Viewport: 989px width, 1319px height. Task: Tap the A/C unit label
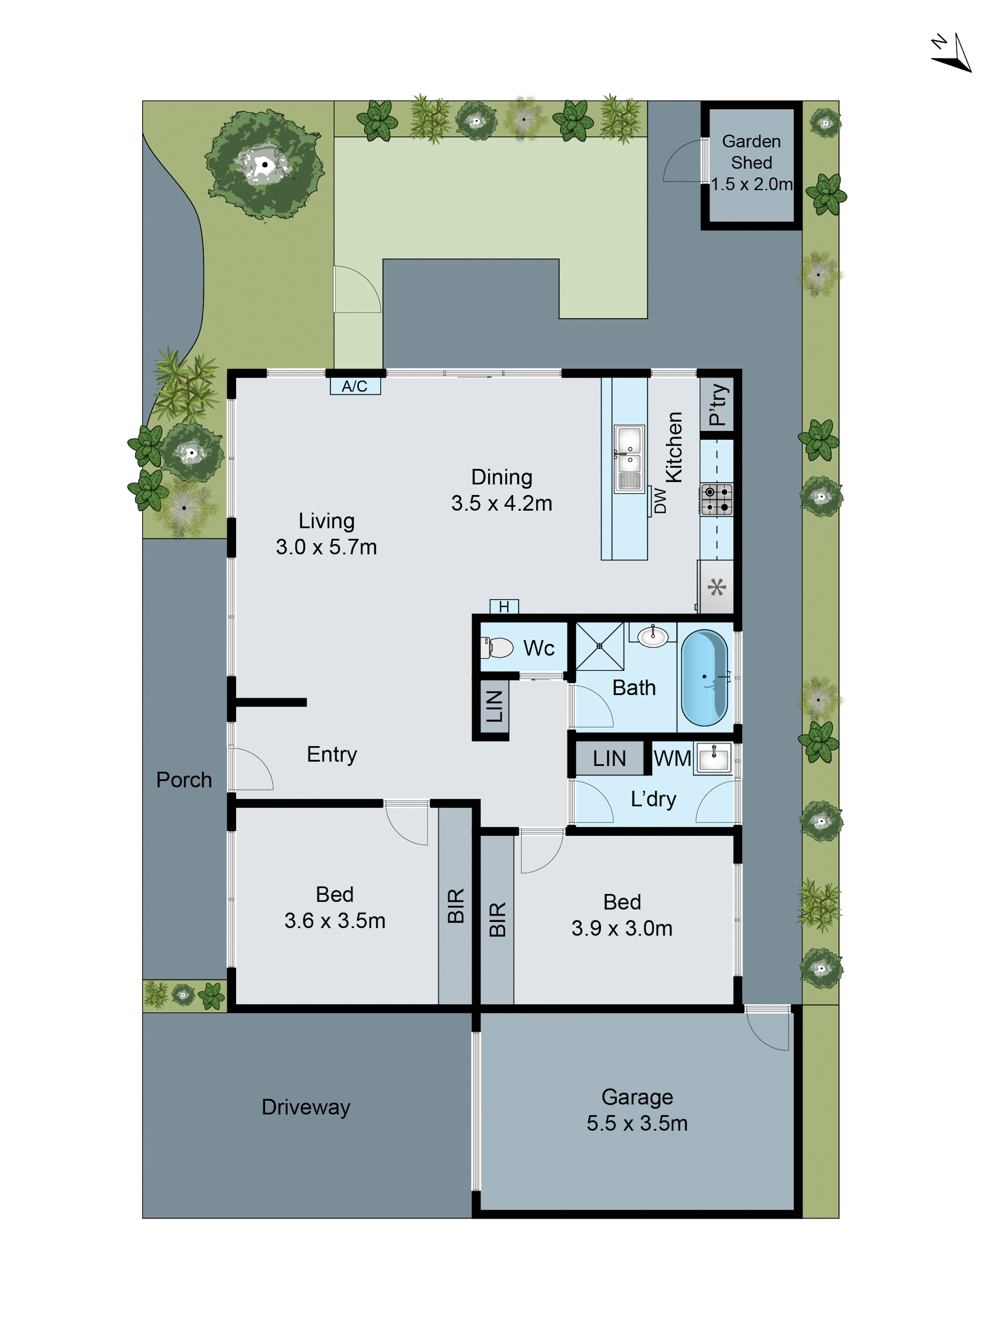(x=355, y=386)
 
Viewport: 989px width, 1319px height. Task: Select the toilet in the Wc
(x=498, y=647)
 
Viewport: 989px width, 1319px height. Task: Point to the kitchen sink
(x=629, y=458)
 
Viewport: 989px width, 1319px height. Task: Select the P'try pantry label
(x=717, y=405)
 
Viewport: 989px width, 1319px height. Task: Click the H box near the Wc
(x=504, y=607)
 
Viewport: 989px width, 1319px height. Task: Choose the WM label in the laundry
(x=672, y=759)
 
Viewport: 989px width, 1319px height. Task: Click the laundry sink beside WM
(x=714, y=758)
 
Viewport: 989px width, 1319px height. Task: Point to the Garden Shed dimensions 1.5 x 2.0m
(x=751, y=184)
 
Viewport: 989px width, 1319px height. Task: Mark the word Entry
(x=331, y=754)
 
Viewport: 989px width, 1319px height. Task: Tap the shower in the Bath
(x=599, y=646)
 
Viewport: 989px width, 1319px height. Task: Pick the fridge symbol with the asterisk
(x=716, y=587)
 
